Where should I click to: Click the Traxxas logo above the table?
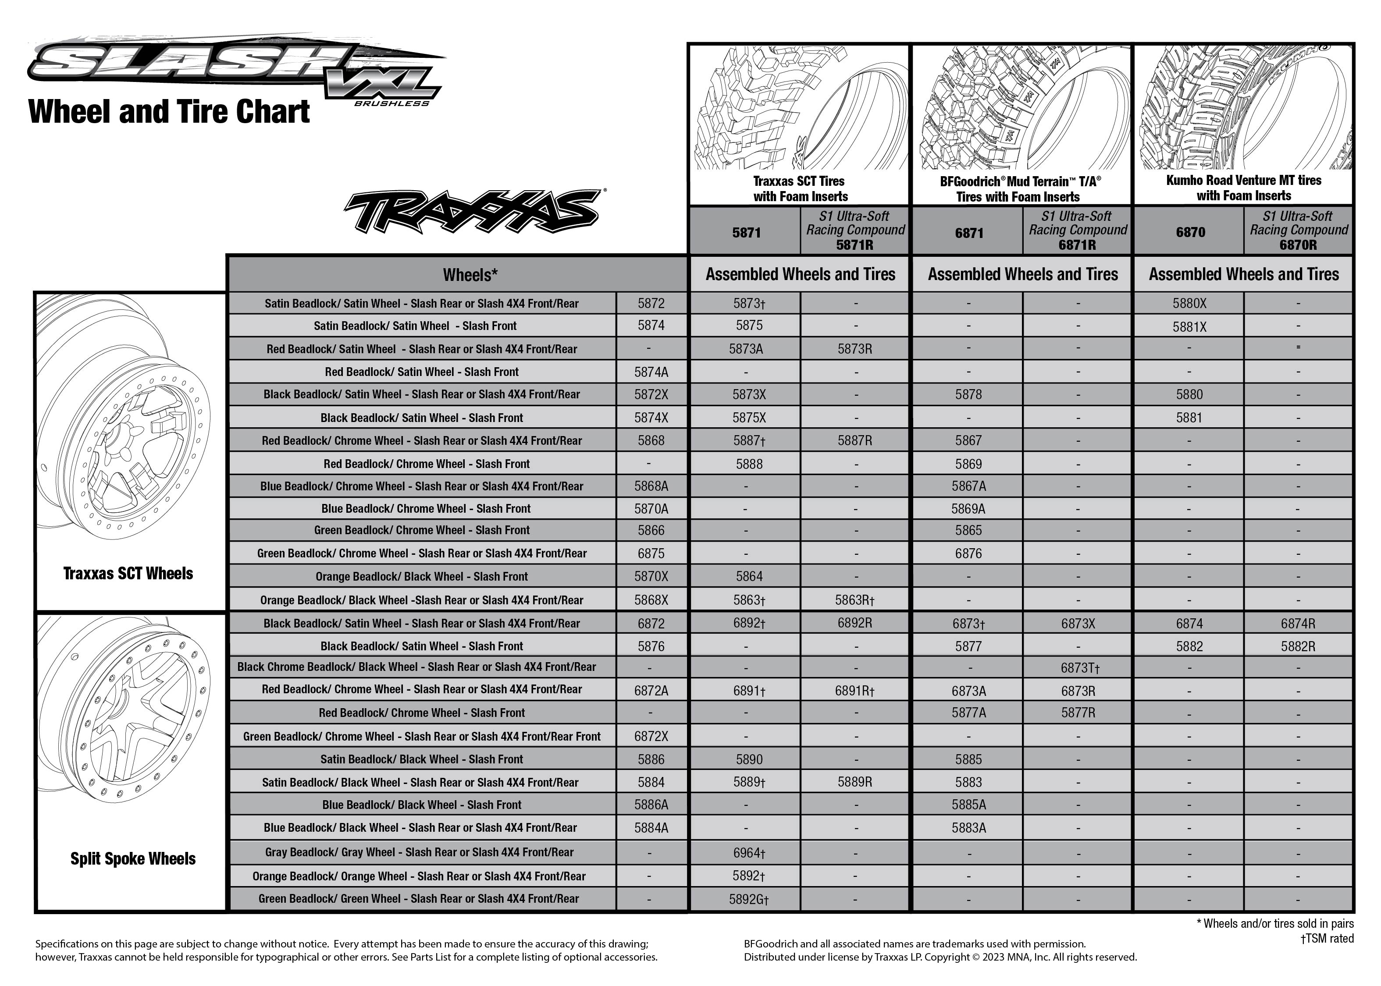(473, 211)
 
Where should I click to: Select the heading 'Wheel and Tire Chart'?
(169, 112)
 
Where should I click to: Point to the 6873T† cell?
(1080, 668)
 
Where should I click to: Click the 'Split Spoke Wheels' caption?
(133, 858)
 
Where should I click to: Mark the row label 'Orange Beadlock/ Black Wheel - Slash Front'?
(421, 577)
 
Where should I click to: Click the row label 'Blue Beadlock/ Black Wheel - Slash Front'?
(421, 805)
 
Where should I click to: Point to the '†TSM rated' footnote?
(1327, 939)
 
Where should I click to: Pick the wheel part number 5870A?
(651, 509)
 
